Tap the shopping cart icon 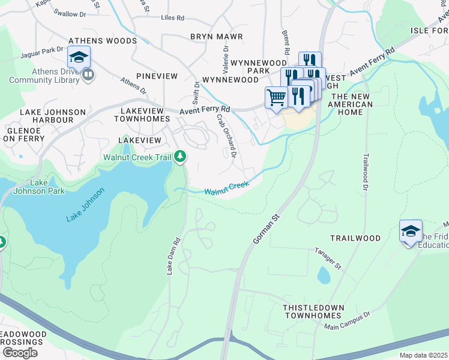(276, 97)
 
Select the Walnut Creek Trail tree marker (180, 157)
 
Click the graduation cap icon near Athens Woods (79, 57)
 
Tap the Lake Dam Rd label (173, 257)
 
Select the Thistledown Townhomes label (313, 311)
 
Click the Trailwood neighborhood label (354, 238)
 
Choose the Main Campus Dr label (348, 320)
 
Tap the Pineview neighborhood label (157, 76)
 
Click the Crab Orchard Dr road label (227, 134)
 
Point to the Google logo (20, 352)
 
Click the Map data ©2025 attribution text (423, 355)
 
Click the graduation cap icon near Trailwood (411, 231)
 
